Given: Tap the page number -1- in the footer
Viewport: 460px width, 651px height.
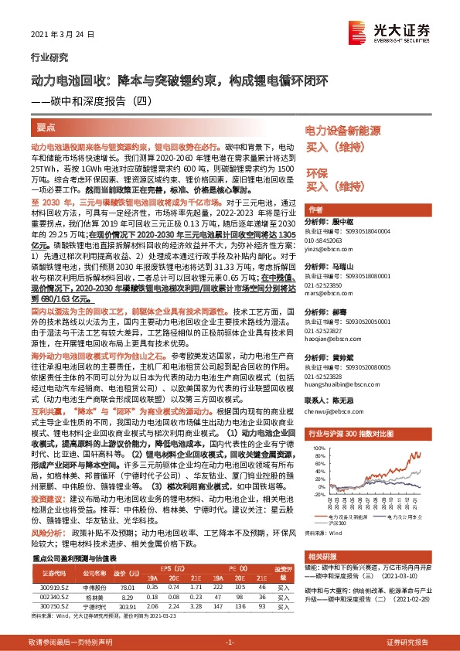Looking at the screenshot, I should coord(230,642).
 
